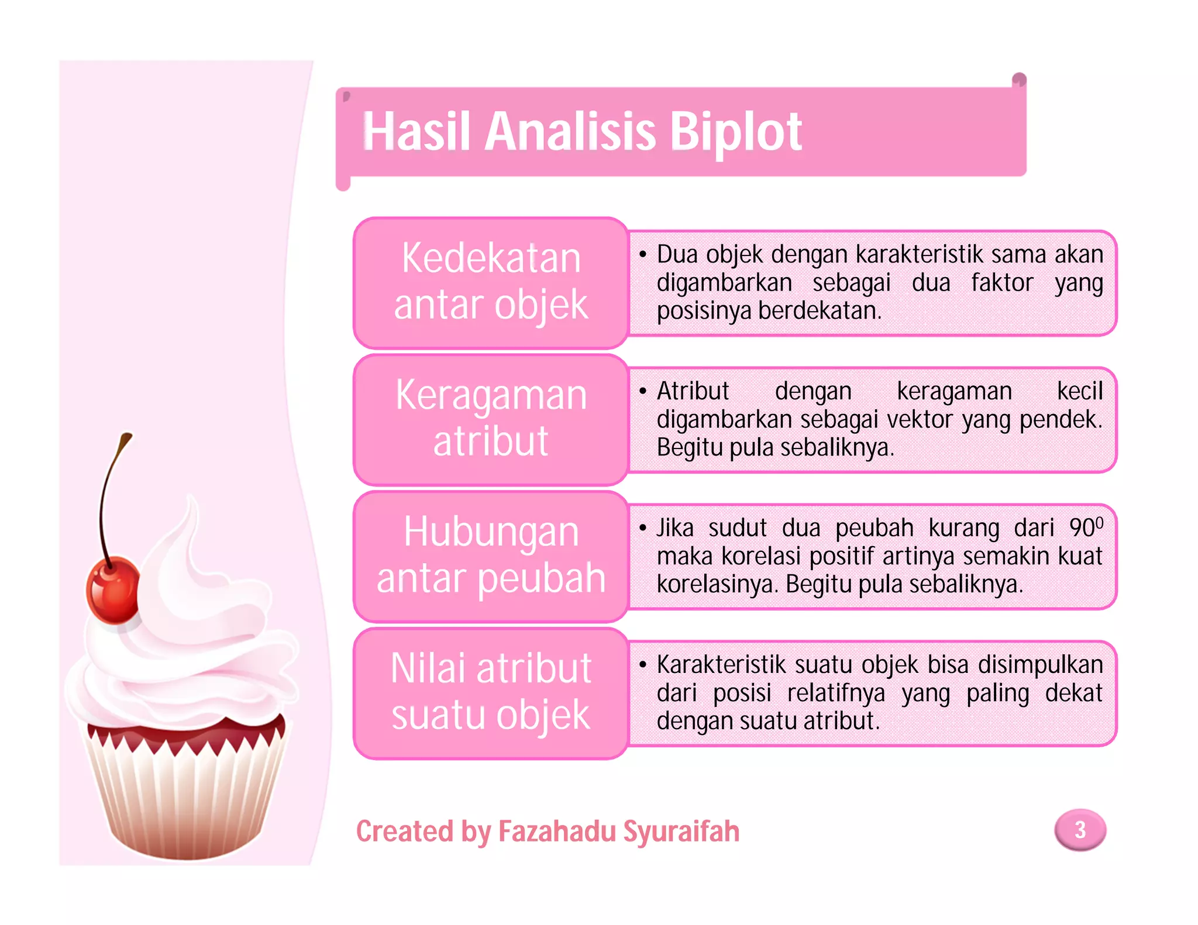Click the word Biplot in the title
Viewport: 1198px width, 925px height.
coord(735,132)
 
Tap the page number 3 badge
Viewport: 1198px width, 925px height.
coord(1080,830)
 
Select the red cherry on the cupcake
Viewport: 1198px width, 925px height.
coord(113,589)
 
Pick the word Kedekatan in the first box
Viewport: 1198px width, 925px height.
coord(491,258)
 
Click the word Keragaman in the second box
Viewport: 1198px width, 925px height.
coord(491,395)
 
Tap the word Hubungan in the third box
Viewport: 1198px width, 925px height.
coord(491,532)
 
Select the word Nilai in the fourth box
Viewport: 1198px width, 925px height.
coord(431,668)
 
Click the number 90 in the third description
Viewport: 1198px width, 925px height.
coord(1082,528)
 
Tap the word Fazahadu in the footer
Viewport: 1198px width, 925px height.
coord(555,831)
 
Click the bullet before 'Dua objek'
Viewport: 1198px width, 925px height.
coord(643,254)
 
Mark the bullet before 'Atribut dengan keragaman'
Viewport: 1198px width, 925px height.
coord(643,391)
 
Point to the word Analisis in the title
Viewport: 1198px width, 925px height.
coord(570,132)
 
